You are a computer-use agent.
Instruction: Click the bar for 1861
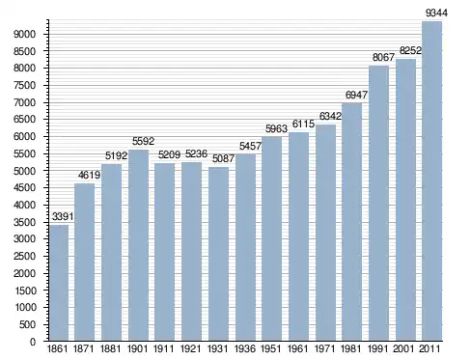(x=59, y=283)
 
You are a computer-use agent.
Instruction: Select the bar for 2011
(x=431, y=180)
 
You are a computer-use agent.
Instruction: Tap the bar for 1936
(x=245, y=247)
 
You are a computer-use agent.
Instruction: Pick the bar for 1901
(x=139, y=245)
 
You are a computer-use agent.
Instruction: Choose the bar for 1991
(x=378, y=203)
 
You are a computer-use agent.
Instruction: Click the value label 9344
(x=436, y=13)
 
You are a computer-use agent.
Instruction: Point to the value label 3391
(x=63, y=216)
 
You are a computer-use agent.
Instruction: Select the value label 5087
(x=223, y=158)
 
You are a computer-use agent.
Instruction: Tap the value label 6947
(x=356, y=95)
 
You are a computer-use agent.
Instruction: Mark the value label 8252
(x=410, y=50)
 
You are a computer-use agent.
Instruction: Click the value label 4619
(x=89, y=175)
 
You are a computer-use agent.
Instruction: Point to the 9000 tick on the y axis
(x=24, y=34)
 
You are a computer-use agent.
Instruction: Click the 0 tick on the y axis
(x=33, y=342)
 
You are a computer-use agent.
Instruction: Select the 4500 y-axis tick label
(x=24, y=188)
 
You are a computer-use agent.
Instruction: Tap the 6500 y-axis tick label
(x=24, y=120)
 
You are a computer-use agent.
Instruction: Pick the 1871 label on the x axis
(x=84, y=348)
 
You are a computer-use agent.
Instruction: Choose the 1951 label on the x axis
(x=271, y=348)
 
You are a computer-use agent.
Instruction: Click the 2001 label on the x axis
(x=403, y=348)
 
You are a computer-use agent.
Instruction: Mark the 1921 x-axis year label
(x=191, y=348)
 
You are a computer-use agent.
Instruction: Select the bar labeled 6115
(x=299, y=236)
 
